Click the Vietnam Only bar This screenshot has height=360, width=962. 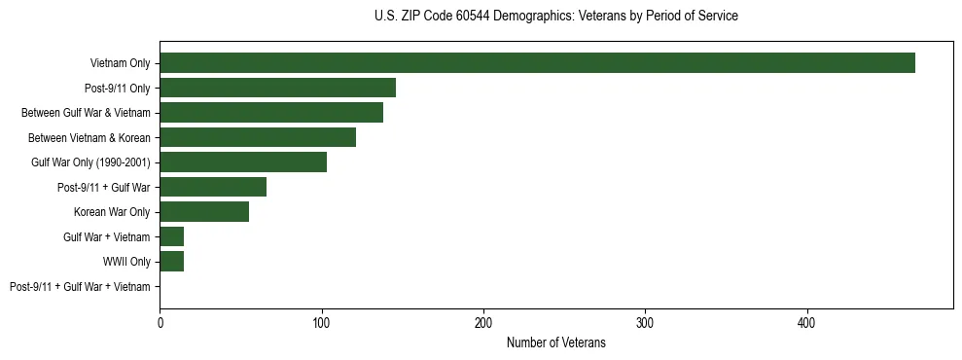[x=537, y=62]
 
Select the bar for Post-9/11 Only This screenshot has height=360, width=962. [x=277, y=88]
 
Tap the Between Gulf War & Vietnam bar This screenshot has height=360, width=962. [x=271, y=112]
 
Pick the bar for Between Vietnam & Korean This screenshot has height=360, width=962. [x=258, y=137]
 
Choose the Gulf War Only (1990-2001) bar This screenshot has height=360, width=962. [x=243, y=162]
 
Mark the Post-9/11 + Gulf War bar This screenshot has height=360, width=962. [x=213, y=187]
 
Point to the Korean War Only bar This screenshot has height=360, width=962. [x=204, y=212]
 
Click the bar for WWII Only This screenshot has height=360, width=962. [x=172, y=262]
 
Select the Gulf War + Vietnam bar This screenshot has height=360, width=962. [x=172, y=236]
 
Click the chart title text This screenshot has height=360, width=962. [x=555, y=17]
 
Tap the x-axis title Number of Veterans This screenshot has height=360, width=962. [x=555, y=343]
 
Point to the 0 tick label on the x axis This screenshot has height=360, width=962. [x=160, y=323]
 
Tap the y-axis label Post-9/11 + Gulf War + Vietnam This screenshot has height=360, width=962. [x=80, y=287]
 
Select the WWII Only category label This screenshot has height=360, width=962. [x=126, y=262]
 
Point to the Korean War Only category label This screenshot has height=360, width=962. [x=112, y=212]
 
